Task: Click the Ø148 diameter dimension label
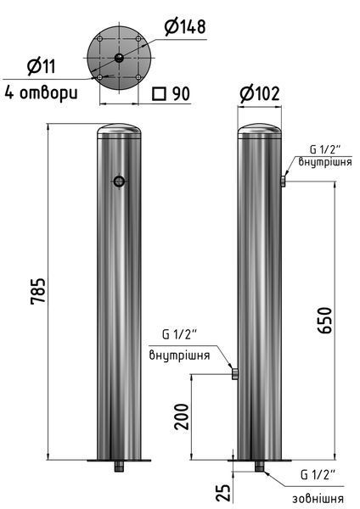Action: point(185,27)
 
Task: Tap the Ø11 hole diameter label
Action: point(42,66)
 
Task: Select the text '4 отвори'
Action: point(42,93)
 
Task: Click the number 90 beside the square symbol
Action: point(181,93)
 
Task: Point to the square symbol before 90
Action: point(160,94)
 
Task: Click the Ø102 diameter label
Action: point(260,94)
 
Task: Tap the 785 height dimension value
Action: point(38,290)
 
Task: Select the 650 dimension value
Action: point(325,320)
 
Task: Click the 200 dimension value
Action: point(181,417)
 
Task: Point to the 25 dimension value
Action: point(223,492)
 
